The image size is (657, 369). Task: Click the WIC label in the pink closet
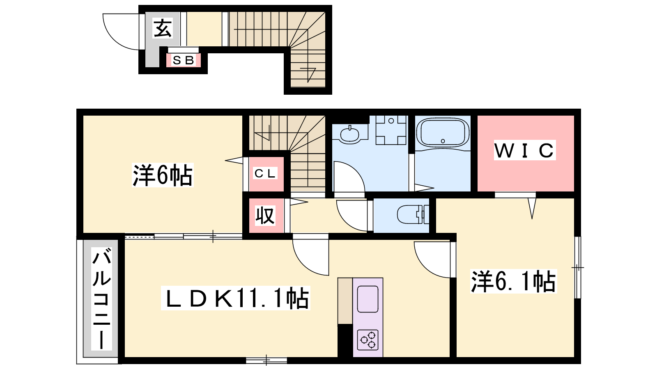point(525,150)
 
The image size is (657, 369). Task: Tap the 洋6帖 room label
point(163,175)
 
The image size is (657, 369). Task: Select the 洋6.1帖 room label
point(513,281)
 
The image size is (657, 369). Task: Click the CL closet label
point(265,173)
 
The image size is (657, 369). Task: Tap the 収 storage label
point(265,216)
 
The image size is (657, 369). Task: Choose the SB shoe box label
point(184,60)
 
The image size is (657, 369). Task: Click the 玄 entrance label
point(163,28)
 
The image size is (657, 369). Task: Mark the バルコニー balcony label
point(101,299)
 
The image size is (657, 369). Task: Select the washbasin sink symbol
point(349,135)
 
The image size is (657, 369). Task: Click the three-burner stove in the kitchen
point(368,340)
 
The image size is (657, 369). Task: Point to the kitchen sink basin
point(368,299)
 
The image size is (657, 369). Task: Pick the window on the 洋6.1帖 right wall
point(577,267)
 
